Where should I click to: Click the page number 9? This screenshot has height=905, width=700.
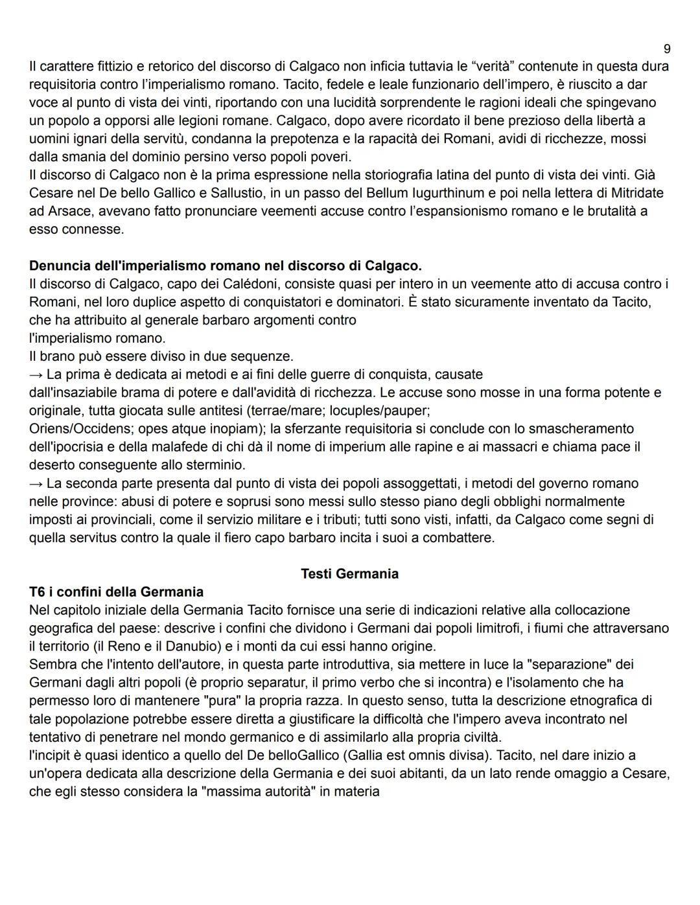(667, 49)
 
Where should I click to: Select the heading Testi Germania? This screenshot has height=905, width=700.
(349, 573)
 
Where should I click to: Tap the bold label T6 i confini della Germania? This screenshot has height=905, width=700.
(116, 591)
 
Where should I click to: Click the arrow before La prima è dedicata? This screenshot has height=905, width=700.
(36, 374)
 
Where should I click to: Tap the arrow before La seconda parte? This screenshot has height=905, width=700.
(36, 483)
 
